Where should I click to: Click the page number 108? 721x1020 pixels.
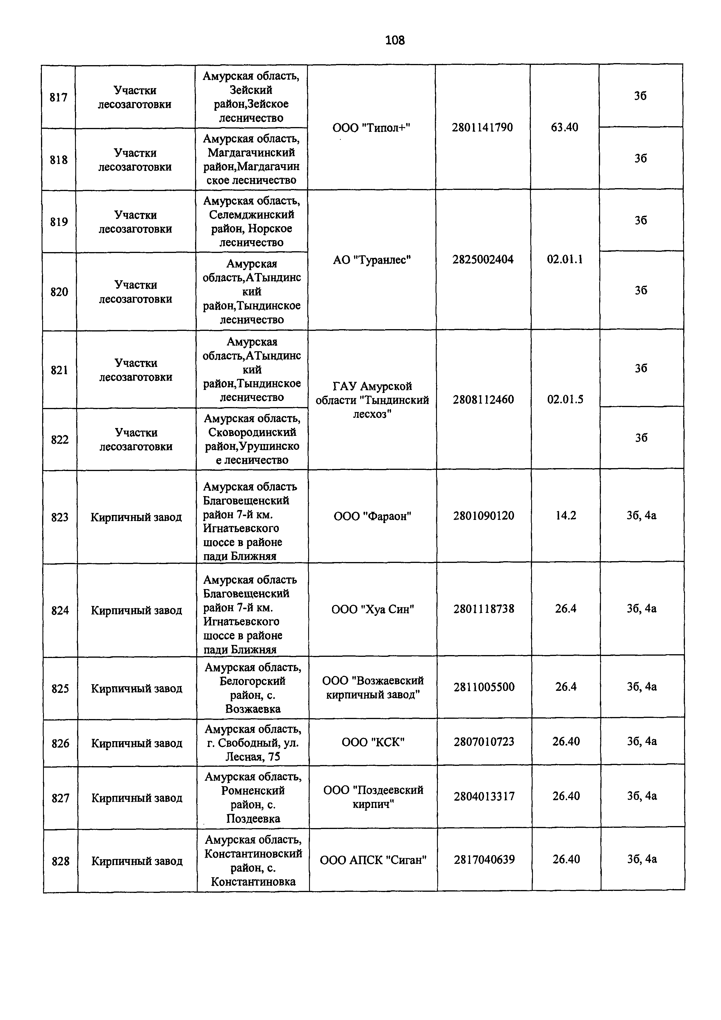(x=395, y=40)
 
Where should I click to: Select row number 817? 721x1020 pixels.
(x=59, y=97)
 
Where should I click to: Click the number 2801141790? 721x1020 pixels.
(x=482, y=127)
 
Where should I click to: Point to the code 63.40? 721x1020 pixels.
(x=564, y=127)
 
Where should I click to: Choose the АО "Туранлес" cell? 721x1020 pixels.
(x=372, y=260)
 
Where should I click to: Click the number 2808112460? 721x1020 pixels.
(x=483, y=400)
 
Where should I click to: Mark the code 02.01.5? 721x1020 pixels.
(x=565, y=400)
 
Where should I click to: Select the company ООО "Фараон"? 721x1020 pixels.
(x=372, y=516)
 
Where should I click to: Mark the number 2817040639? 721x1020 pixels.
(x=484, y=859)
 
